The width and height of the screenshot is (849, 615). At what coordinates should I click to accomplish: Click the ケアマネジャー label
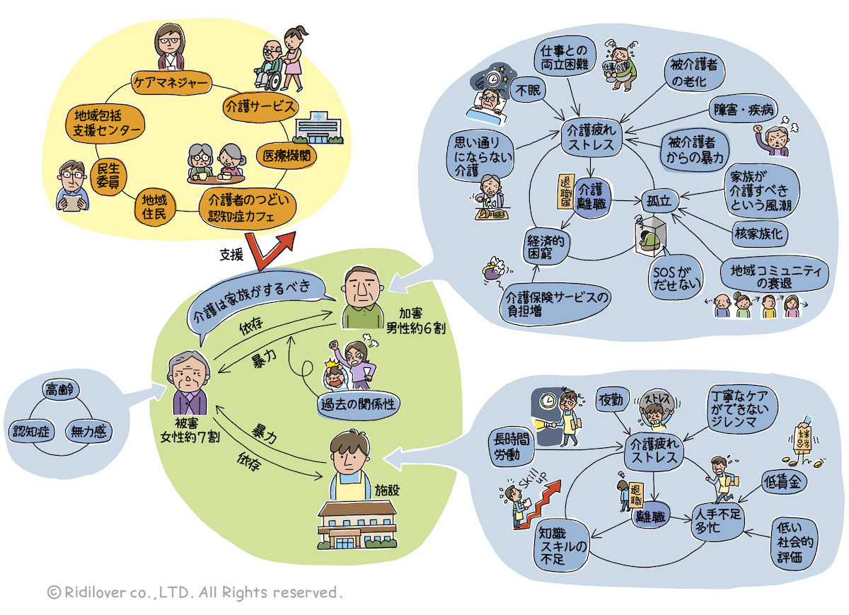point(171,84)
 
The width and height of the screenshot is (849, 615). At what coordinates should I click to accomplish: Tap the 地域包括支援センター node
point(106,122)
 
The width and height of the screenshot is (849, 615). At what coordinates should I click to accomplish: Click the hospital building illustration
point(317,127)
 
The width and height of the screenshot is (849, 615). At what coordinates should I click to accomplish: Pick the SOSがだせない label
point(676,276)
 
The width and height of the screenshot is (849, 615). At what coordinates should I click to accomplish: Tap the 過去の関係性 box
point(357,404)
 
